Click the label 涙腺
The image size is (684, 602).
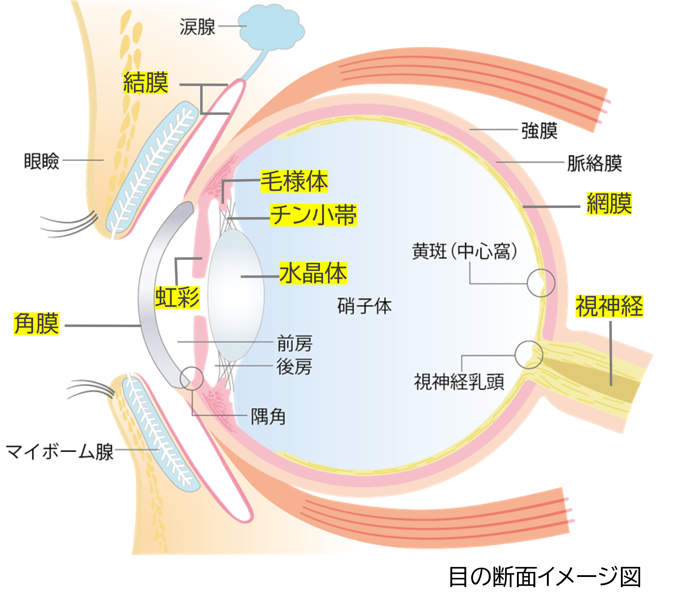197,27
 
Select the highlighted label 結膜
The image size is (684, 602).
146,83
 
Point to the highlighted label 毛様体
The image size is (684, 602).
294,181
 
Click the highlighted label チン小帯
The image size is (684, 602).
313,215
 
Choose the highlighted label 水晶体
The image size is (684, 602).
313,273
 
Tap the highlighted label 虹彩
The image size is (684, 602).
178,297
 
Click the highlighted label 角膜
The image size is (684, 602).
36,324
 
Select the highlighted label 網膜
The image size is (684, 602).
609,204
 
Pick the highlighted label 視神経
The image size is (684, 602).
609,306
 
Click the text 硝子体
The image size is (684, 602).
364,306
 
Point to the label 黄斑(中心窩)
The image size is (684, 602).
464,252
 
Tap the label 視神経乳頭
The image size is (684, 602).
459,382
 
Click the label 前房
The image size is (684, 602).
295,343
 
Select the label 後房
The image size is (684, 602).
294,367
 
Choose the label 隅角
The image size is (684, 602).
268,417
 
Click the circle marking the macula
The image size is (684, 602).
541,283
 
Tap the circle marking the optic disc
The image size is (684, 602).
529,355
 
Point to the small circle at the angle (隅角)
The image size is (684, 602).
192,378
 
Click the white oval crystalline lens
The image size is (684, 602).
235,295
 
